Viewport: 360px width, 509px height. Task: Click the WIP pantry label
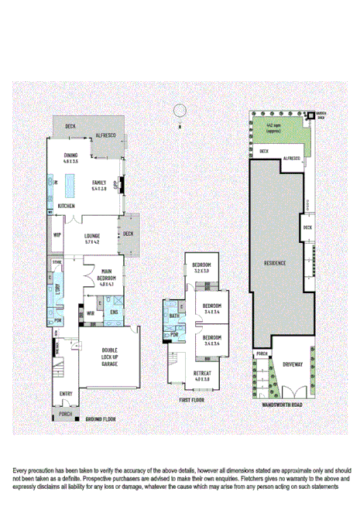point(57,235)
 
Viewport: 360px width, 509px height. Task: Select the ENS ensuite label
point(114,312)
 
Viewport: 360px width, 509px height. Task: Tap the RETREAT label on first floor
point(202,377)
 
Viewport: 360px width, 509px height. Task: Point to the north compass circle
point(180,110)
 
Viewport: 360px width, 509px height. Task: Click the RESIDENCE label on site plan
point(274,262)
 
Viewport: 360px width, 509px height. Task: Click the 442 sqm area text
point(273,126)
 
